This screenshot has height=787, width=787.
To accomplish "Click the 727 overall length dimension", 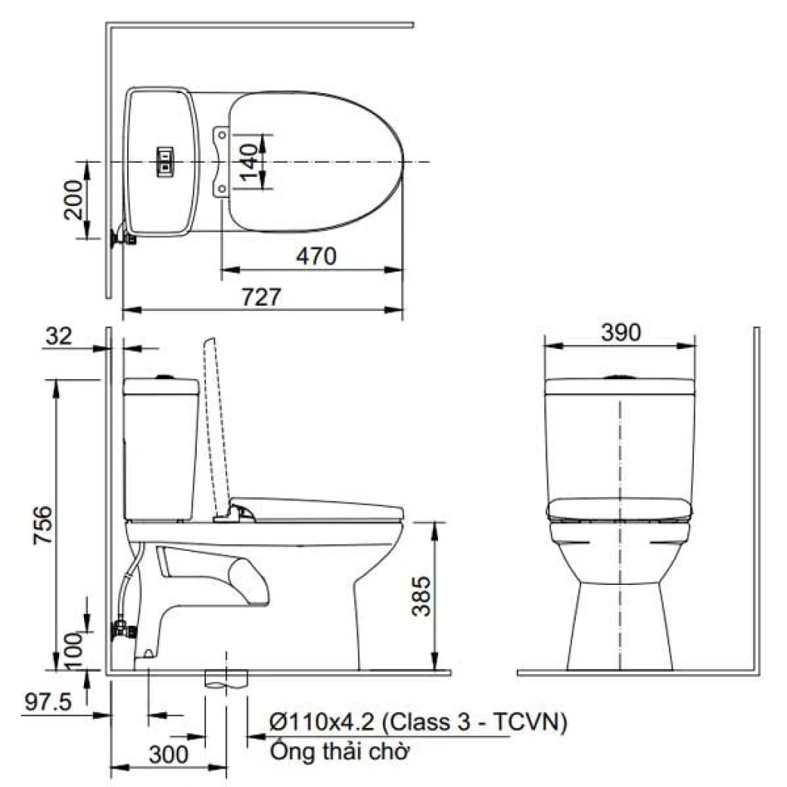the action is pyautogui.click(x=262, y=297).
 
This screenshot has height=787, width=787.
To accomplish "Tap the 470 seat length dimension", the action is pyautogui.click(x=316, y=257).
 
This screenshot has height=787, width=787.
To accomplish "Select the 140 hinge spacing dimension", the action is pyautogui.click(x=249, y=163).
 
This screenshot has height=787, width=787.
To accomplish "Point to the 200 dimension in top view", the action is pyautogui.click(x=74, y=200).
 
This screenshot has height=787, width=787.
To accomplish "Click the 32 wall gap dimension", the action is pyautogui.click(x=59, y=336).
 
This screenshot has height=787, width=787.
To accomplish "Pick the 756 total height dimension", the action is pyautogui.click(x=43, y=525).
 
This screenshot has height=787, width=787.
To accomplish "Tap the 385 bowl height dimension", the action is pyautogui.click(x=421, y=596).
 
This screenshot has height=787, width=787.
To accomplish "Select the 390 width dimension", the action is pyautogui.click(x=621, y=333).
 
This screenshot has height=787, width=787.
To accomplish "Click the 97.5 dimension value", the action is pyautogui.click(x=48, y=702).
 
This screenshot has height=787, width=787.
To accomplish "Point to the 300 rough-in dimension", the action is pyautogui.click(x=170, y=754).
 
